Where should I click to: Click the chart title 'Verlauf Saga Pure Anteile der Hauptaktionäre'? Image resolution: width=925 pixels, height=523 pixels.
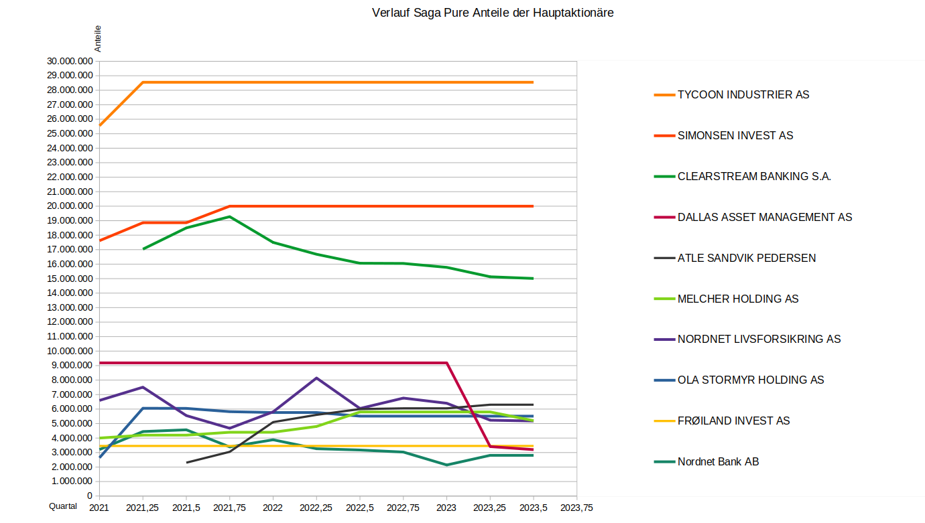click(493, 13)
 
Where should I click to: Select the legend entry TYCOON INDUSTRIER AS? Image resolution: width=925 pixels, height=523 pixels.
click(743, 95)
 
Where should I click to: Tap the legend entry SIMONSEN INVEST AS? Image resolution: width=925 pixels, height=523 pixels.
click(735, 136)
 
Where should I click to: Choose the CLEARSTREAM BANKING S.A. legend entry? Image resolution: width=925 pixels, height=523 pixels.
click(754, 177)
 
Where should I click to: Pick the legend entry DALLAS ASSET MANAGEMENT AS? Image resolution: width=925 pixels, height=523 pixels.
click(764, 218)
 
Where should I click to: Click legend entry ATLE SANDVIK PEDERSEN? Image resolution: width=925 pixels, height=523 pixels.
click(746, 258)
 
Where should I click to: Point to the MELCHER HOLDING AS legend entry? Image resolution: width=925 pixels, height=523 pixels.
click(737, 299)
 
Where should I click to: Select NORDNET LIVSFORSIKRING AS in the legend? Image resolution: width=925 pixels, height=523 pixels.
click(759, 340)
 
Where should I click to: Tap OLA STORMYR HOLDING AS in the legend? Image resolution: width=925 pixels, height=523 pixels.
click(750, 380)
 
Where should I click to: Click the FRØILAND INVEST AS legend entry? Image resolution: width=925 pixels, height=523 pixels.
click(733, 421)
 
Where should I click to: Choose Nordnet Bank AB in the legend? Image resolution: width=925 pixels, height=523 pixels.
click(718, 462)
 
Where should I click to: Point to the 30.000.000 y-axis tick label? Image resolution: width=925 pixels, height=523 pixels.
click(70, 61)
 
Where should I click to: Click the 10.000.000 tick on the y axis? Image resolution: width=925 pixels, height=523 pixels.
click(70, 351)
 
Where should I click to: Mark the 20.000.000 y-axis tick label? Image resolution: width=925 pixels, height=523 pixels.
click(70, 206)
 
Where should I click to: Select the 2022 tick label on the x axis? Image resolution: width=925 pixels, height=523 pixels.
click(273, 508)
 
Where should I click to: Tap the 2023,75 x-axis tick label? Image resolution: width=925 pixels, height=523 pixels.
click(576, 508)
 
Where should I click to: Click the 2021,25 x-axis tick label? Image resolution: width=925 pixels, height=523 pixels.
click(142, 508)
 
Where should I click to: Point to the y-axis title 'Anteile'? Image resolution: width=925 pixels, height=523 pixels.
click(98, 39)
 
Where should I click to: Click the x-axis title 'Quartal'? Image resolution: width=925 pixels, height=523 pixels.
click(63, 507)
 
